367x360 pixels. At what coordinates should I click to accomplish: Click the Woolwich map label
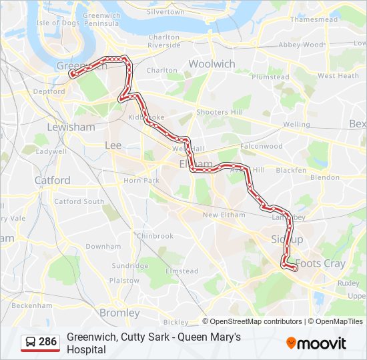click(x=212, y=64)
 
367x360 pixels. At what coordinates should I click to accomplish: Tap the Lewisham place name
click(x=71, y=127)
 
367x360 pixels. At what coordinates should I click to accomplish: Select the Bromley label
click(x=119, y=313)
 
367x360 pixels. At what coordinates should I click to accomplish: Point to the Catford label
click(x=52, y=180)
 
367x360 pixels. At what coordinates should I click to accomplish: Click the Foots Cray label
click(x=320, y=264)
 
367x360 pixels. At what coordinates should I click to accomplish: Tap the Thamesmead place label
click(x=310, y=19)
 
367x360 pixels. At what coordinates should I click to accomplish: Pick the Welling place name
click(x=296, y=125)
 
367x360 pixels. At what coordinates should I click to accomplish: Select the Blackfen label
click(x=291, y=170)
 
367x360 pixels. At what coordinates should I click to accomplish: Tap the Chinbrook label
click(x=154, y=236)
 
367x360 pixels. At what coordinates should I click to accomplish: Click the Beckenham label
click(x=31, y=305)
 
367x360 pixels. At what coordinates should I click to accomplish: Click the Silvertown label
click(x=165, y=12)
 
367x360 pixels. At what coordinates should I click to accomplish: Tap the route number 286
click(x=48, y=342)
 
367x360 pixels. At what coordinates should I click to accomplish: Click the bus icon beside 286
click(x=31, y=342)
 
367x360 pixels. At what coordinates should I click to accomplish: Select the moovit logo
click(x=316, y=343)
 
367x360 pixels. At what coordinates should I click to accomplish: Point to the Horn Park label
click(x=141, y=181)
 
